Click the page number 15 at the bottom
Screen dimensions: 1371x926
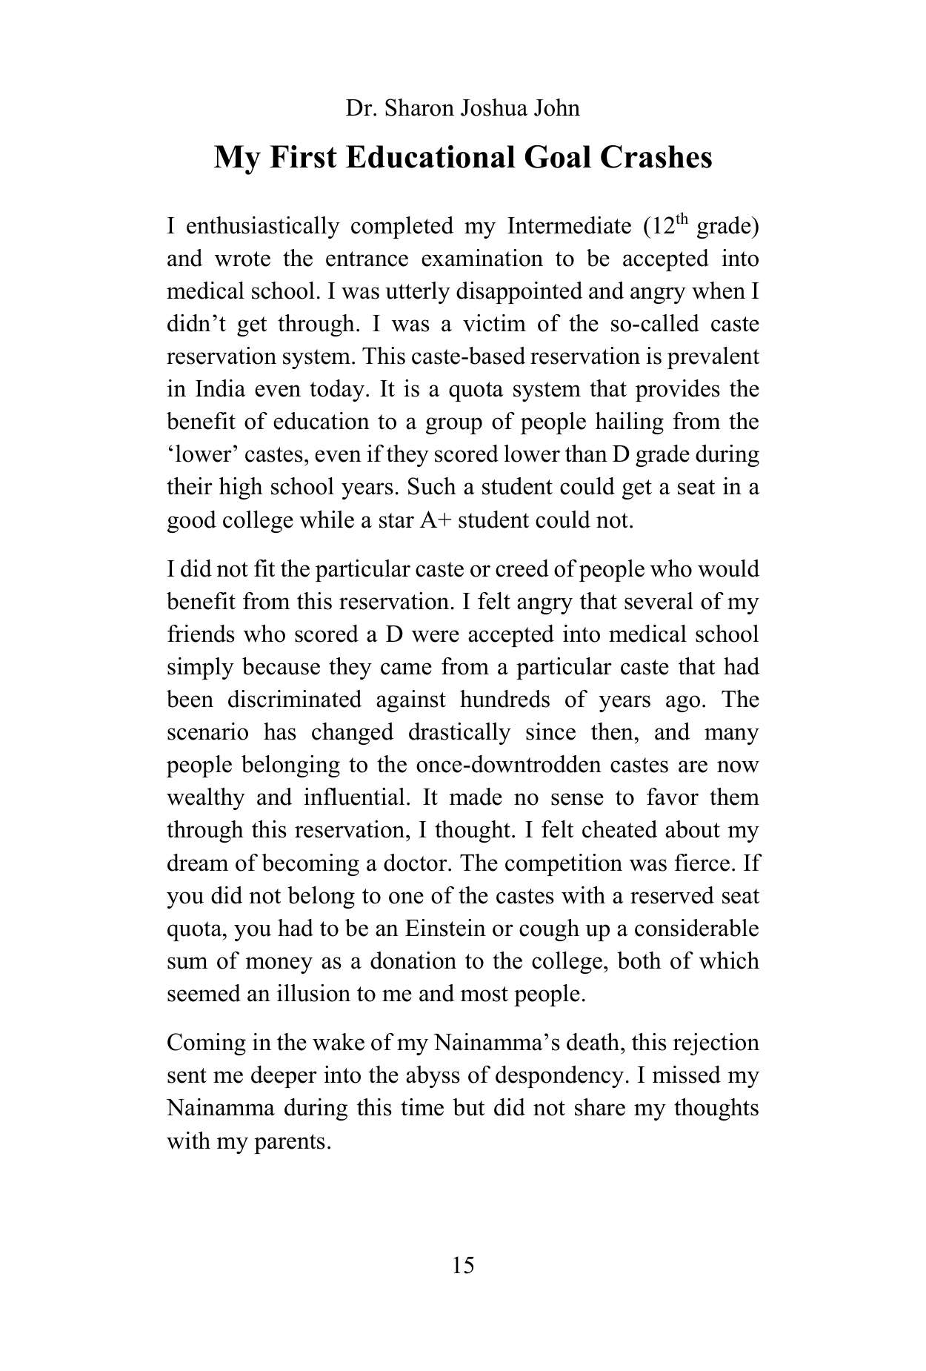pyautogui.click(x=462, y=1265)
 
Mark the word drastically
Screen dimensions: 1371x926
pyautogui.click(x=459, y=732)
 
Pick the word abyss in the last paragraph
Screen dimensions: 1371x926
pyautogui.click(x=439, y=1075)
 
